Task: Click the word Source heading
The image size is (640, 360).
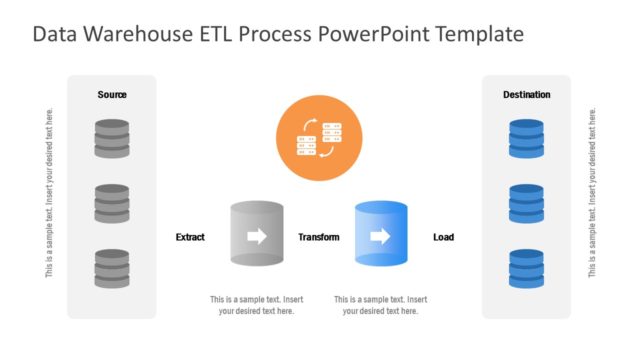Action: click(112, 95)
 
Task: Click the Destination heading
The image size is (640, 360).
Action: click(526, 95)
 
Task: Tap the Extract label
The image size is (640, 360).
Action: click(190, 237)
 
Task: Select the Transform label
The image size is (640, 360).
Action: click(319, 237)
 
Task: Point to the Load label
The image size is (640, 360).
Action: click(443, 237)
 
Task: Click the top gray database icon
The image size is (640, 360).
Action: click(112, 138)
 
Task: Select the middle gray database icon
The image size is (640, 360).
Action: click(112, 203)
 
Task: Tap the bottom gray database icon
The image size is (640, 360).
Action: click(112, 268)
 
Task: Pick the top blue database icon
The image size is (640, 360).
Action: click(526, 138)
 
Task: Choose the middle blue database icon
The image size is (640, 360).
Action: click(526, 203)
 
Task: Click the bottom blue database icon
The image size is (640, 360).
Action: click(526, 268)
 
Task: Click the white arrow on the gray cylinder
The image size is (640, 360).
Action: click(257, 237)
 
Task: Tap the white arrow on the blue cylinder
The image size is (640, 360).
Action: click(380, 237)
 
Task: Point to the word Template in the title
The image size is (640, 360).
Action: click(475, 35)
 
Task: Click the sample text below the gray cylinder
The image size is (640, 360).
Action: click(256, 305)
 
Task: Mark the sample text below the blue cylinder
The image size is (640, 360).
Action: click(380, 305)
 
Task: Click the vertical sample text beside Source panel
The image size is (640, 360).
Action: click(50, 192)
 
